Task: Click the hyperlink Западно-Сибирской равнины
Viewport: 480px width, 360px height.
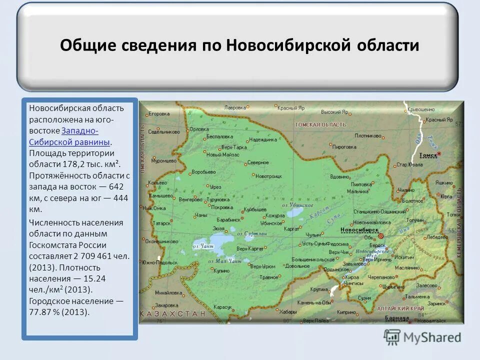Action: pyautogui.click(x=80, y=136)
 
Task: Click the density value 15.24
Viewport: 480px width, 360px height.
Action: pyautogui.click(x=93, y=278)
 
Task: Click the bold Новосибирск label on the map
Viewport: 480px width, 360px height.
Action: pyautogui.click(x=359, y=229)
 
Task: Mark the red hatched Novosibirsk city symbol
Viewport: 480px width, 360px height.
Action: pyautogui.click(x=381, y=235)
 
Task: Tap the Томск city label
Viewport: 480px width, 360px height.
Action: pyautogui.click(x=428, y=155)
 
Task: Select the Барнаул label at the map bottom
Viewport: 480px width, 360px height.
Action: pyautogui.click(x=398, y=318)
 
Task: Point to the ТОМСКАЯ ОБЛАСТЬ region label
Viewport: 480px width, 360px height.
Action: pyautogui.click(x=320, y=124)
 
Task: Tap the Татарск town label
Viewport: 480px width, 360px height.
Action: pyautogui.click(x=161, y=223)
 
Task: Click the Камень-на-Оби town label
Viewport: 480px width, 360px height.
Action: pyautogui.click(x=314, y=302)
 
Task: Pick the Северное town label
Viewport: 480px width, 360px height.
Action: pyautogui.click(x=258, y=162)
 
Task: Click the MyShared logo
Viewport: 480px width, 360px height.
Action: pyautogui.click(x=422, y=337)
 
